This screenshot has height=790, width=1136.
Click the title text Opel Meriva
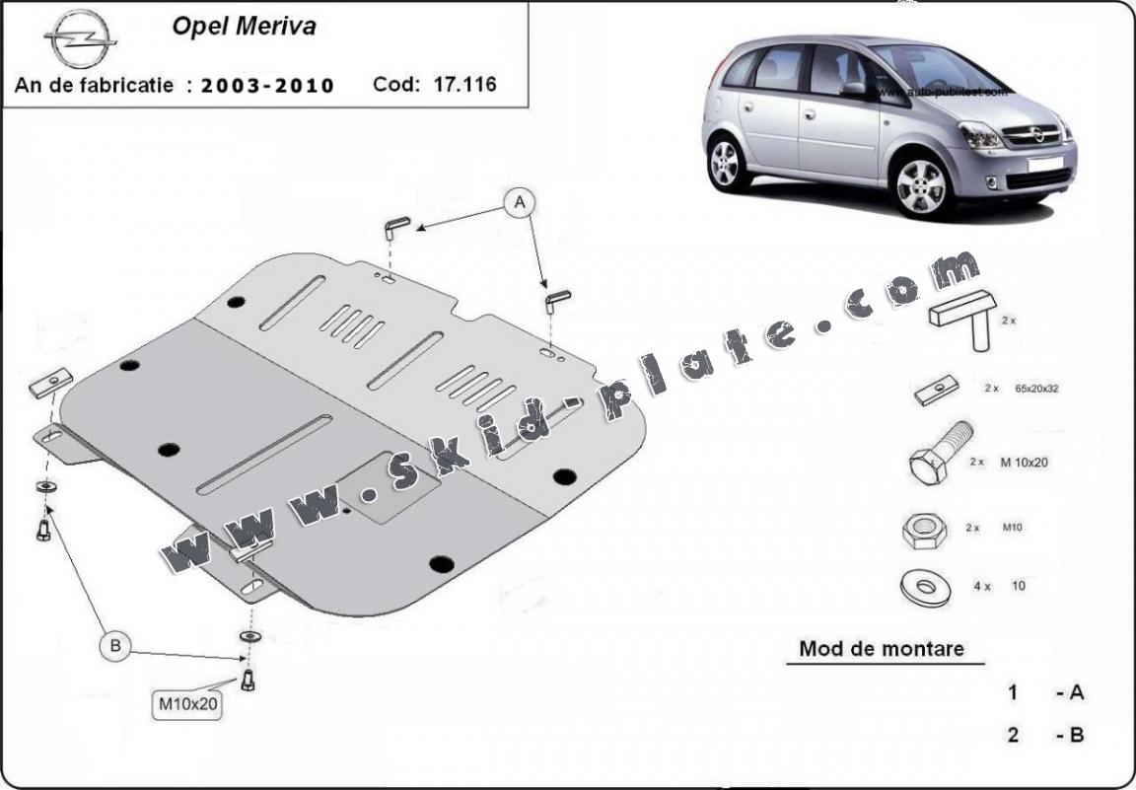point(244,27)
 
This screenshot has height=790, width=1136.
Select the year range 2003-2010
point(267,86)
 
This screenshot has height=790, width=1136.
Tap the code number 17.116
point(463,85)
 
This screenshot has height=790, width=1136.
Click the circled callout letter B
point(115,646)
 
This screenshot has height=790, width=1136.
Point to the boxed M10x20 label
point(187,704)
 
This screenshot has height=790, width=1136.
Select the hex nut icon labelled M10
point(923,531)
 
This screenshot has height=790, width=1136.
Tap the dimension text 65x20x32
point(1036,390)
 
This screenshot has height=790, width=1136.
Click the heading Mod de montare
point(881,649)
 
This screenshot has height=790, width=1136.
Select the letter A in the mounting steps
point(1076,692)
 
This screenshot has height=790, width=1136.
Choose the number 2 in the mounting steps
point(1013,735)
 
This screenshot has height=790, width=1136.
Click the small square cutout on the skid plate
point(379,487)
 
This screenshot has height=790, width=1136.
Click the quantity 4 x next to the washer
point(981,586)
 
